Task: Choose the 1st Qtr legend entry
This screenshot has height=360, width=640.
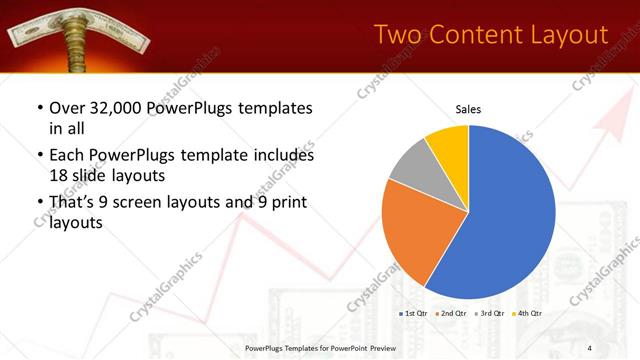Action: [x=415, y=314]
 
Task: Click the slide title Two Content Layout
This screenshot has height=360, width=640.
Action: [x=490, y=35]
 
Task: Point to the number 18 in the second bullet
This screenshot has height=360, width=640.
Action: [x=58, y=175]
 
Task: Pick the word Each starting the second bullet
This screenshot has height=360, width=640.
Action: [x=67, y=156]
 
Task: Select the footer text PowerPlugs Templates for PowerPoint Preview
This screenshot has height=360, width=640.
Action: [x=320, y=347]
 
